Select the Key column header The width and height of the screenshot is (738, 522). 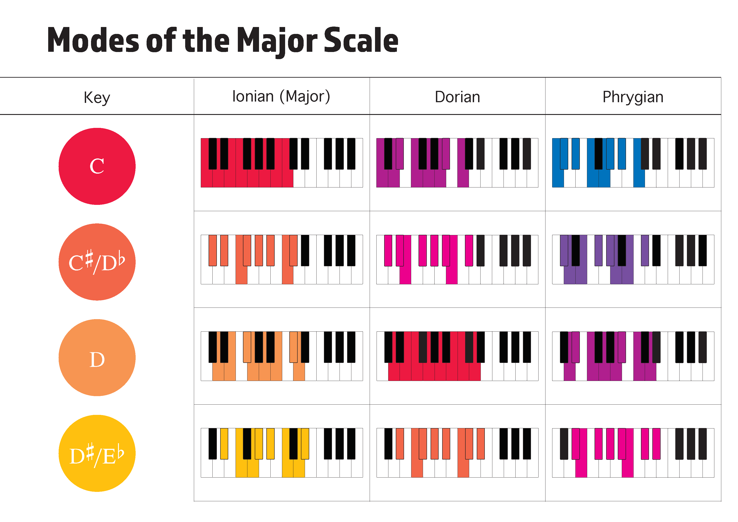97,97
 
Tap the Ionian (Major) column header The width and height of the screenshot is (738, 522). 281,96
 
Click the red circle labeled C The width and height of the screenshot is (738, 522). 97,166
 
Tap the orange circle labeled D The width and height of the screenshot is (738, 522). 97,358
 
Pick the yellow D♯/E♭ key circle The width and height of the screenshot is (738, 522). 97,453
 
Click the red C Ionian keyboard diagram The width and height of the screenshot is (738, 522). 282,163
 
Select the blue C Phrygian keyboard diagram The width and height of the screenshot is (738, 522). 633,163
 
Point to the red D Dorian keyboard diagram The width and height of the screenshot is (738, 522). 457,356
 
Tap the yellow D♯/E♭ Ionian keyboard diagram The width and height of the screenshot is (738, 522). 282,453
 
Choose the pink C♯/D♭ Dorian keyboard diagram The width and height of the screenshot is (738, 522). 457,260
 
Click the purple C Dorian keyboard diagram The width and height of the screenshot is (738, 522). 457,163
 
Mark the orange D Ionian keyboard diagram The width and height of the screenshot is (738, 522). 282,356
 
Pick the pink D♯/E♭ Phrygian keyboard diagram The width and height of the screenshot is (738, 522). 633,453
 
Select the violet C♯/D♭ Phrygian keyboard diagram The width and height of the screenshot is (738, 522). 633,260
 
